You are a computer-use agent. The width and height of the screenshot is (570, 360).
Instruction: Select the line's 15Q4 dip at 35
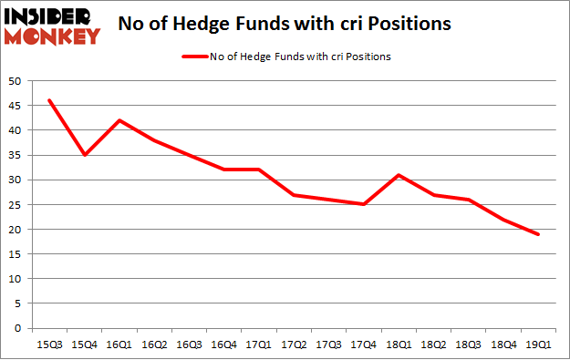tap(84, 155)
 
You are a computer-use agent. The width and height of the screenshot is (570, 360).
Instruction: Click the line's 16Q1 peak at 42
tap(119, 120)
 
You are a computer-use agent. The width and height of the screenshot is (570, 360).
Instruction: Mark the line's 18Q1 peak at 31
tap(398, 175)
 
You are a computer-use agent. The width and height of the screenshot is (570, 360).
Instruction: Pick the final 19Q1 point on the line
tap(538, 234)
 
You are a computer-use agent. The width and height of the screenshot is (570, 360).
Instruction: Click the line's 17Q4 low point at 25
tap(363, 204)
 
